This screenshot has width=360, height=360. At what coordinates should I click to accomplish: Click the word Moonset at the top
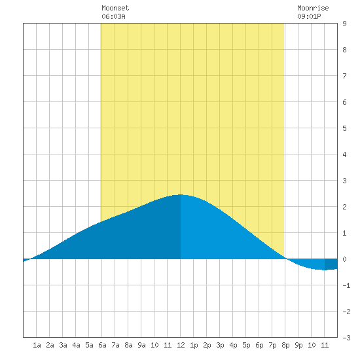[x=115, y=8]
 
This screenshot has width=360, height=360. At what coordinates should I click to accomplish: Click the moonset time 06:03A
[x=113, y=16]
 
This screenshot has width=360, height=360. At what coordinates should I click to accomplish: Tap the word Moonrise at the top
[x=313, y=8]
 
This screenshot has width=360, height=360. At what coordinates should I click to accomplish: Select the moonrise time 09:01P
[x=309, y=16]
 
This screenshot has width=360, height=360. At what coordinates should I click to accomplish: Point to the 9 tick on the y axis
[x=344, y=24]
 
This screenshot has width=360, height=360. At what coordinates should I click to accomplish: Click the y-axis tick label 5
[x=344, y=128]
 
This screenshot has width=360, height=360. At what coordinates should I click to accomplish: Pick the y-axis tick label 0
[x=344, y=259]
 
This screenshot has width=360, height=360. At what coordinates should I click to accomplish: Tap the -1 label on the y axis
[x=346, y=285]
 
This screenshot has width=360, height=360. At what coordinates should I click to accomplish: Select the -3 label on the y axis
[x=346, y=338]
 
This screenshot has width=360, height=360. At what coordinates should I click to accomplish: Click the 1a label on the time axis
[x=37, y=345]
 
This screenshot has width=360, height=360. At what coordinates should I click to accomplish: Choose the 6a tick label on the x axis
[x=102, y=345]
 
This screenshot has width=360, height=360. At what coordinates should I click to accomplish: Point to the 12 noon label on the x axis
[x=181, y=345]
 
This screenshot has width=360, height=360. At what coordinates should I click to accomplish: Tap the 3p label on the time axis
[x=220, y=345]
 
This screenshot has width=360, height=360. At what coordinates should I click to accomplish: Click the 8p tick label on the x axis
[x=285, y=345]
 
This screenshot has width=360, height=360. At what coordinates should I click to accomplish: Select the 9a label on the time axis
[x=141, y=345]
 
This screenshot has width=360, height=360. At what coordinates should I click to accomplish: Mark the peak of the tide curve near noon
[x=181, y=194]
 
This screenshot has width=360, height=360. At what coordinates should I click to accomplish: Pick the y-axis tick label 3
[x=344, y=181]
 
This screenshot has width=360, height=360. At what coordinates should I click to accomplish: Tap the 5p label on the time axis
[x=246, y=345]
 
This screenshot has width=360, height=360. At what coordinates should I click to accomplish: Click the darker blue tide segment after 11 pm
[x=331, y=264]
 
